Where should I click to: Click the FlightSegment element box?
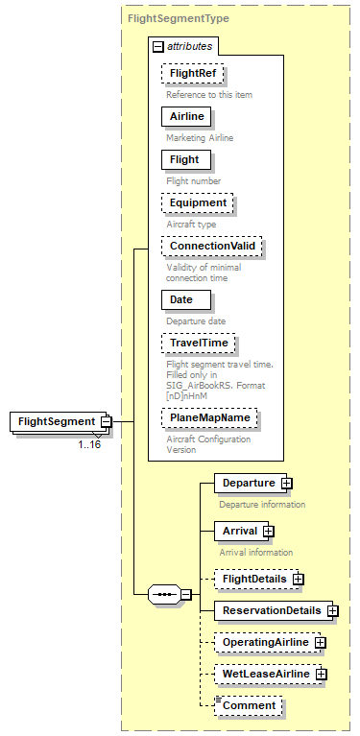pyautogui.click(x=56, y=421)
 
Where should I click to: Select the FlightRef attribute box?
pyautogui.click(x=185, y=73)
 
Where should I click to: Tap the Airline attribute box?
pyautogui.click(x=185, y=116)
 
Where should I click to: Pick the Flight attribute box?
pyautogui.click(x=183, y=159)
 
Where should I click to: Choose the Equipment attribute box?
pyautogui.click(x=198, y=202)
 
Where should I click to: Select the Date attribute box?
pyautogui.click(x=181, y=299)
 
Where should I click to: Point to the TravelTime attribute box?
pyautogui.click(x=198, y=343)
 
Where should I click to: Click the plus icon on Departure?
pyautogui.click(x=286, y=483)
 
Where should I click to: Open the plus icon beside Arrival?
pyautogui.click(x=269, y=531)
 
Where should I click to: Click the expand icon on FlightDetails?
pyautogui.click(x=299, y=579)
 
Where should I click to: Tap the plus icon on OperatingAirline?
pyautogui.click(x=320, y=642)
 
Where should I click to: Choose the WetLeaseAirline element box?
pyautogui.click(x=265, y=675)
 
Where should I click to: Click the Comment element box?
pyautogui.click(x=249, y=705)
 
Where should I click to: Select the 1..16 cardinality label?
pyautogui.click(x=89, y=443)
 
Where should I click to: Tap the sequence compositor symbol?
pyautogui.click(x=164, y=594)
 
